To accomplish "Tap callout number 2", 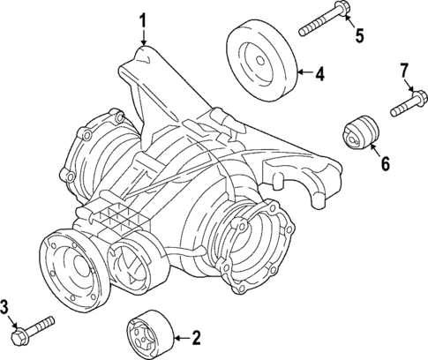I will point(196,337).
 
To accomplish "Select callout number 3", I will point(7,305).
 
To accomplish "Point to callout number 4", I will point(319,74).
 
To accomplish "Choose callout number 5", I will point(358,35).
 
